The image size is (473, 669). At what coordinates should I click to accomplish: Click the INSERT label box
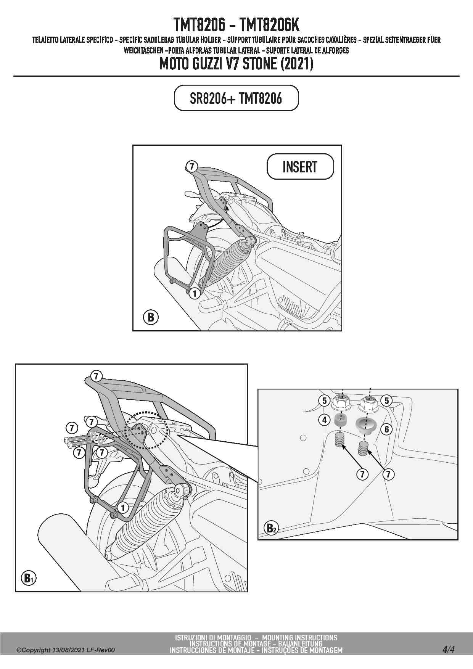point(300,166)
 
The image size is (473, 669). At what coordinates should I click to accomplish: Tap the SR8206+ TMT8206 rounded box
point(236,98)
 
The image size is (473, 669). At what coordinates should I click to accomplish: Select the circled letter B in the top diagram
point(151,317)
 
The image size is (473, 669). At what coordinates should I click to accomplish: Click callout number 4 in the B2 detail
point(324,420)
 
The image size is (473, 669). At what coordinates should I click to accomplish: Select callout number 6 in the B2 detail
point(386,429)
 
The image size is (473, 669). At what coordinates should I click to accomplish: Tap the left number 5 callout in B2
point(324,400)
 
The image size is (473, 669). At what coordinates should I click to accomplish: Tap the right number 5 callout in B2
point(386,400)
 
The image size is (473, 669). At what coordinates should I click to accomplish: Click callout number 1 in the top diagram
point(195,293)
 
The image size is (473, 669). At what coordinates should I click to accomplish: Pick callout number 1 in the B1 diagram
point(123,508)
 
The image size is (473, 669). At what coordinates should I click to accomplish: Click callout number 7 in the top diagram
point(191,166)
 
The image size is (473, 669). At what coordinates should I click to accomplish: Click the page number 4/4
point(449,649)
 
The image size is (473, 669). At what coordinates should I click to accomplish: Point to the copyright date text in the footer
point(65,650)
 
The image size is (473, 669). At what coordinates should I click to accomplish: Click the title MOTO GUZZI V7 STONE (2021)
point(236,64)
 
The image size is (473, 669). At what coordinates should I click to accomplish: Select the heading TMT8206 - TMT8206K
point(236,25)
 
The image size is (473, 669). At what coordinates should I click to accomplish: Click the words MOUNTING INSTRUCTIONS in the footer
point(299,637)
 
